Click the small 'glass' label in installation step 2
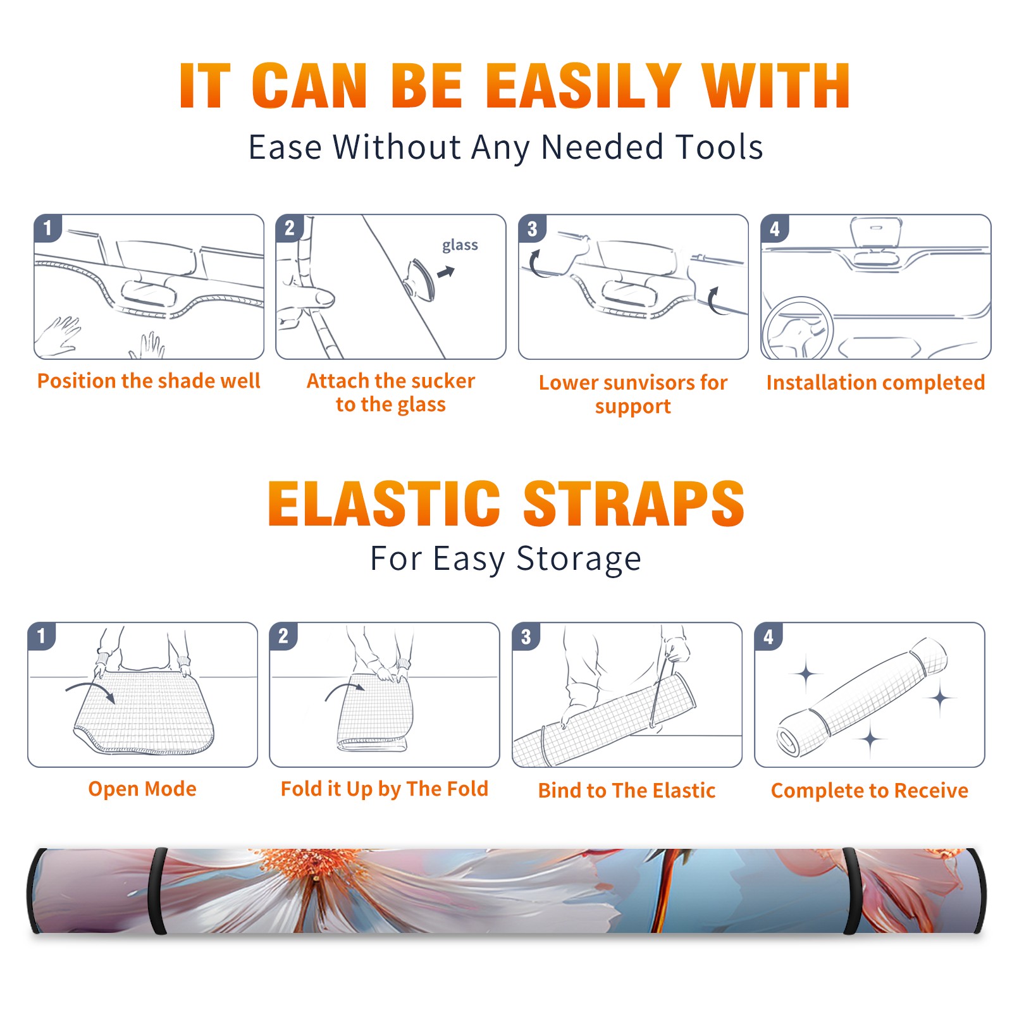(x=460, y=245)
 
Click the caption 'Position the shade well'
(x=149, y=381)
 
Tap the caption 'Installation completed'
(x=875, y=383)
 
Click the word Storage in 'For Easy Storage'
(x=579, y=559)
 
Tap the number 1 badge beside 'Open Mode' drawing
(x=42, y=636)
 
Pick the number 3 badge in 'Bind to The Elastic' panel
(x=526, y=636)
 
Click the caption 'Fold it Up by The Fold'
(x=385, y=789)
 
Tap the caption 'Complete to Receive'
(x=870, y=791)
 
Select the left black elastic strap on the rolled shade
(x=157, y=891)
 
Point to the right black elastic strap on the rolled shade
(x=851, y=891)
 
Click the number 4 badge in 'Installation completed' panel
(x=775, y=228)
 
